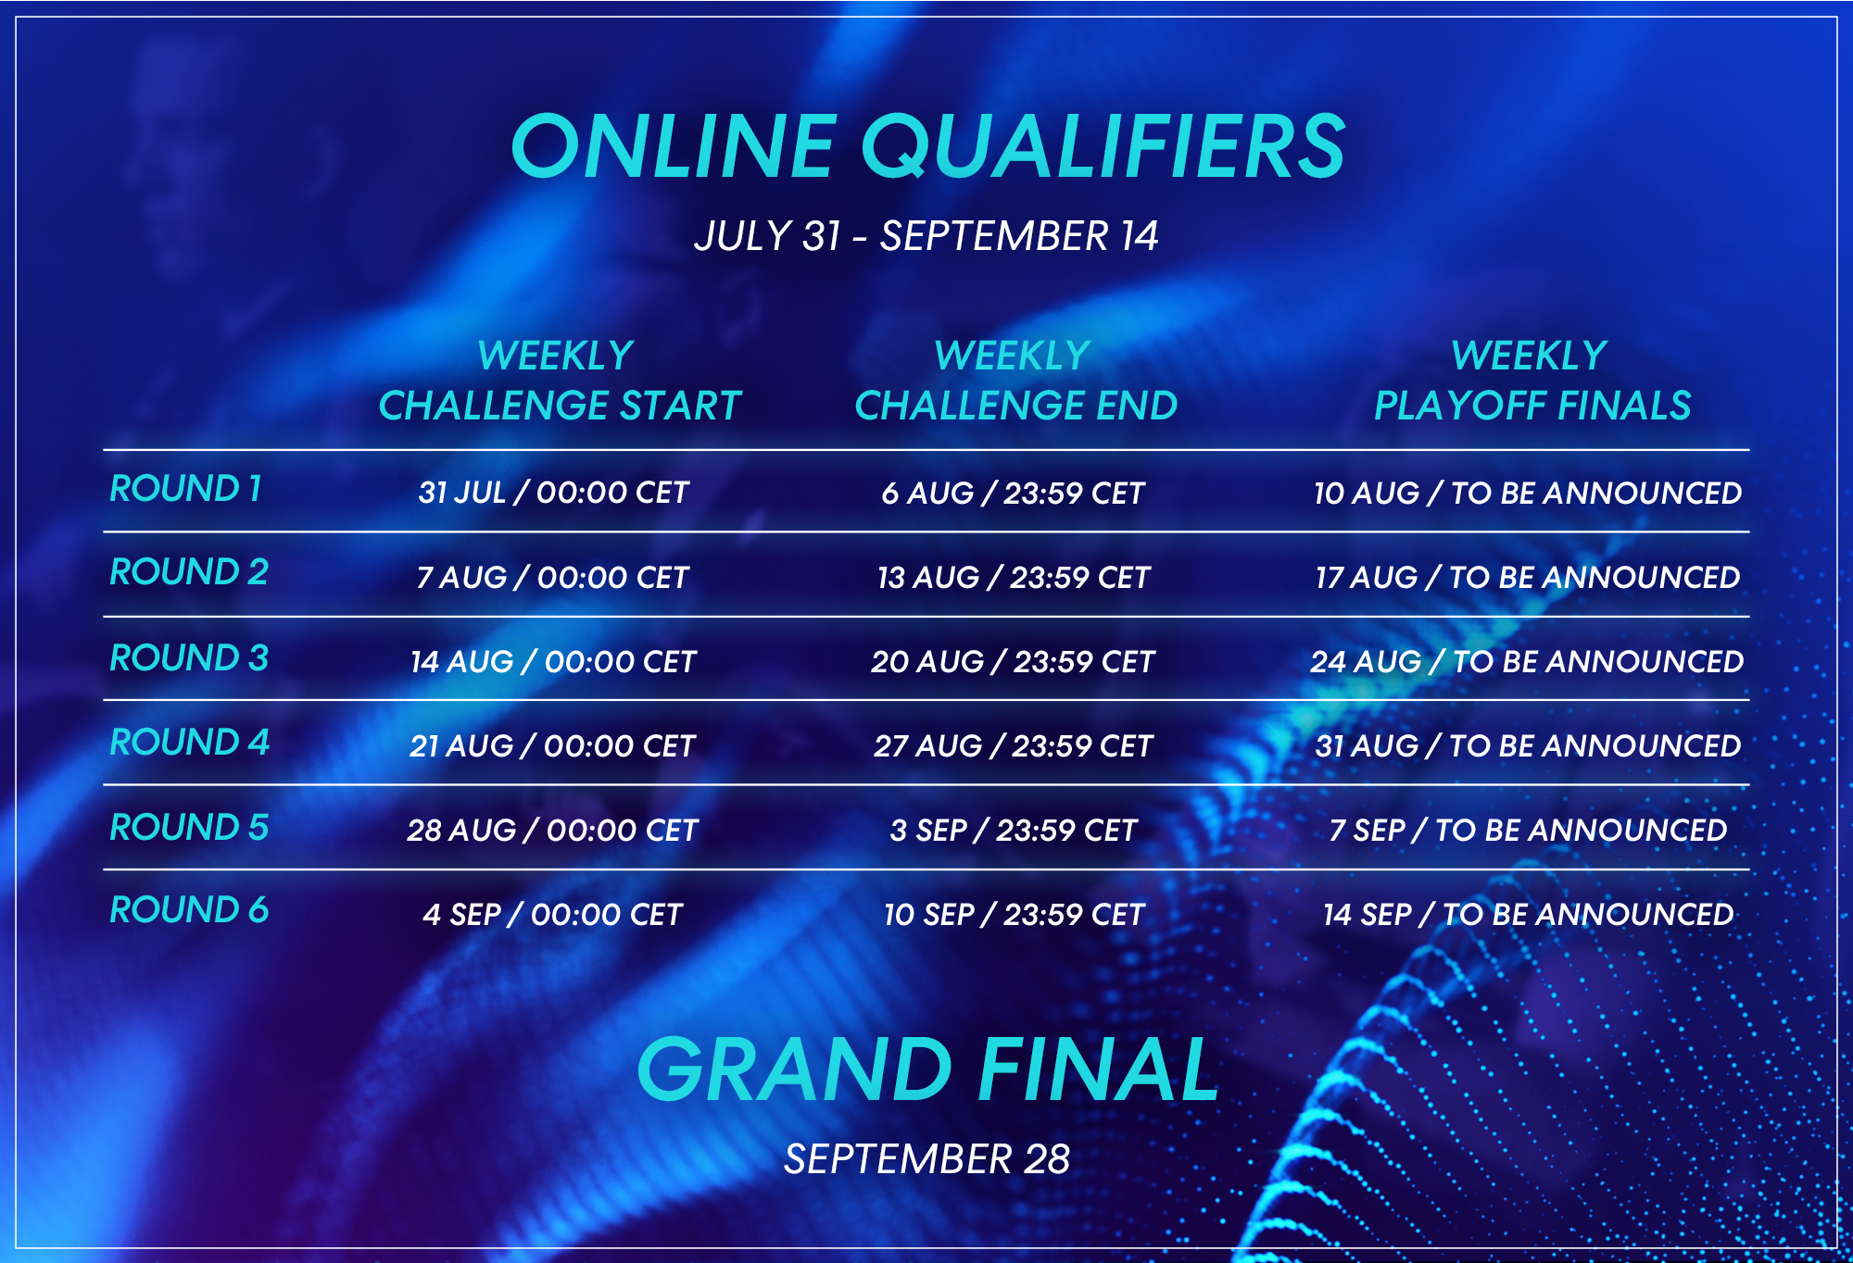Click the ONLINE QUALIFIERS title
(927, 145)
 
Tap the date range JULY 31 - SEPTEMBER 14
(926, 236)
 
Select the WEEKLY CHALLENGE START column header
(560, 381)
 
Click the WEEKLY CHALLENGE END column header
(1015, 381)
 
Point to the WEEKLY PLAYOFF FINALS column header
(1532, 381)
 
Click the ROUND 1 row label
(186, 489)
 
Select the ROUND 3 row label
(189, 658)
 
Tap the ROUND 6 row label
(189, 910)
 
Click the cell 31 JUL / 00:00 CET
(553, 493)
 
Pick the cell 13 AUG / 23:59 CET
(1014, 578)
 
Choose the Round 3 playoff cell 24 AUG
(1527, 662)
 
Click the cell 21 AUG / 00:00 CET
(552, 746)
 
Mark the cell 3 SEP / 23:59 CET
(1014, 831)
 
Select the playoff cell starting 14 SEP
(1528, 915)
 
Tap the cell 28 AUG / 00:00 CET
(552, 831)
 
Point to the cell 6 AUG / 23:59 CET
(1014, 494)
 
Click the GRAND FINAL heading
(927, 1069)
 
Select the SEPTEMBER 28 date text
(926, 1159)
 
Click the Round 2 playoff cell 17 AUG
(1528, 578)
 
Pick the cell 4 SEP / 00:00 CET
(552, 915)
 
